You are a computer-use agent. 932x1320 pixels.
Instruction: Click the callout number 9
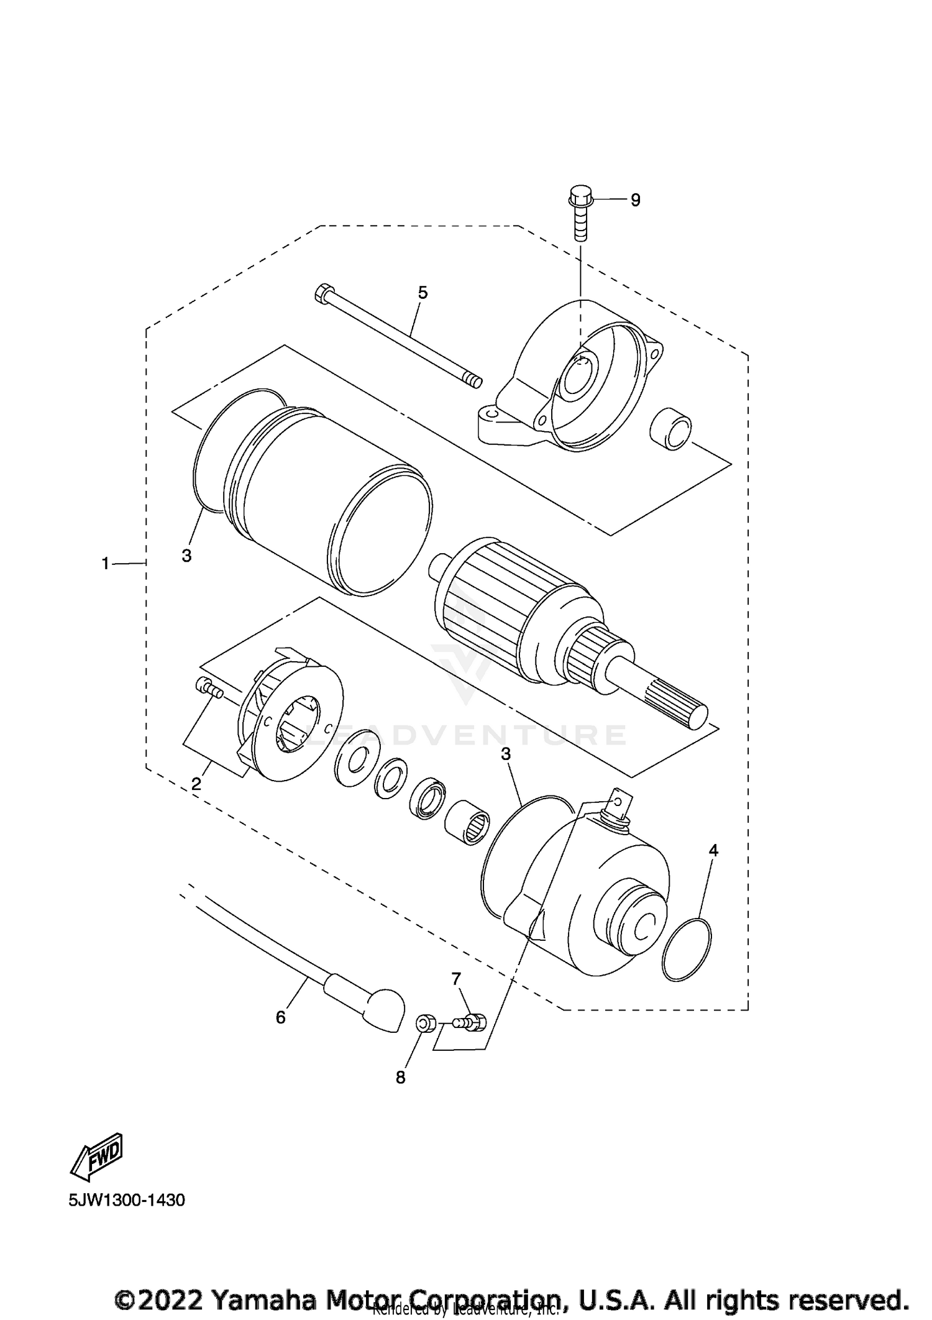coord(635,200)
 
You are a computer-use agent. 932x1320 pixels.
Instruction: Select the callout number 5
coord(423,293)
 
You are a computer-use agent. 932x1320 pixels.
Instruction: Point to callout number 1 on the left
coord(106,563)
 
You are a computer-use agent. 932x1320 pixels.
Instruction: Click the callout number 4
coord(713,850)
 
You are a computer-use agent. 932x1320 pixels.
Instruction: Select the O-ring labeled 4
coord(686,949)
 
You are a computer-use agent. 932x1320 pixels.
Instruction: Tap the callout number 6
coord(280,1017)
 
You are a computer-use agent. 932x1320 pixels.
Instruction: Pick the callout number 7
coord(456,979)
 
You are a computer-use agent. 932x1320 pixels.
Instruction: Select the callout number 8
coord(400,1078)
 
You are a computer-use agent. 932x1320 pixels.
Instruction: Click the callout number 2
coord(196,784)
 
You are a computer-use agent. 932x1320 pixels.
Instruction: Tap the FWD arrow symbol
coord(98,1156)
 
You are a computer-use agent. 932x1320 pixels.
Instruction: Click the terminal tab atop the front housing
coord(617,802)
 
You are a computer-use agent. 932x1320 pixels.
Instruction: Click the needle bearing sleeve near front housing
coord(467,831)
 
